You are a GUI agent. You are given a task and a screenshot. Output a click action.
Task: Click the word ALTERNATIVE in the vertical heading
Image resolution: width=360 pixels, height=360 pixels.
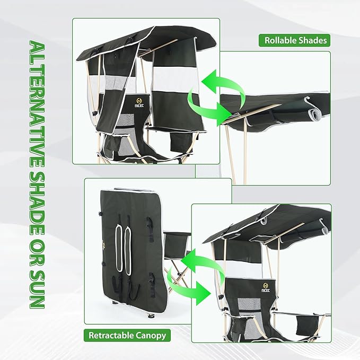click(x=36, y=98)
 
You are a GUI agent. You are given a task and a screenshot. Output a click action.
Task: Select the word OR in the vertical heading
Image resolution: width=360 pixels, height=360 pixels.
click(x=36, y=256)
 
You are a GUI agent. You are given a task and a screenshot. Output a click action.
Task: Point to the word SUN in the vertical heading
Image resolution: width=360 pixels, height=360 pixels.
click(x=36, y=291)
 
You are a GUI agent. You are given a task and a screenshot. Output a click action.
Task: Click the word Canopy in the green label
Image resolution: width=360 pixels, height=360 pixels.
click(x=151, y=335)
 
